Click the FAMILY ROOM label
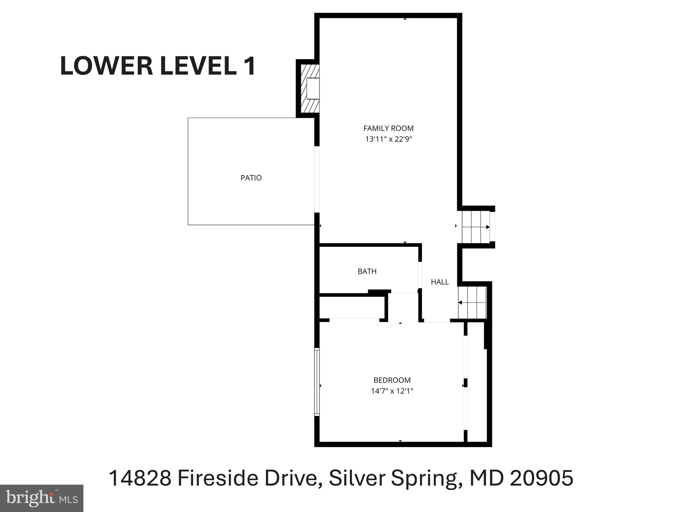point(388,128)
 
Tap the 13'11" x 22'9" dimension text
point(389,139)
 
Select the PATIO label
point(251,178)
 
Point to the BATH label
point(367,271)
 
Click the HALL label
point(440,282)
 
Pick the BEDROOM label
point(392,380)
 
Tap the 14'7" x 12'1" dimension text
point(392,391)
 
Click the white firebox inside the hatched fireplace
point(313,88)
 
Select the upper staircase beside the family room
point(475,227)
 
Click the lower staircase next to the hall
point(472,303)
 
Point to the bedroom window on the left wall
point(317,382)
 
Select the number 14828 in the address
point(140,478)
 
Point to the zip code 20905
point(541,478)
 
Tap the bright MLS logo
point(41,498)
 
